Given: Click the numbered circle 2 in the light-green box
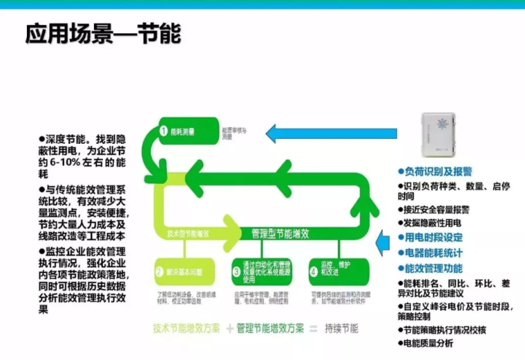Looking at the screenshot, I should (160, 272).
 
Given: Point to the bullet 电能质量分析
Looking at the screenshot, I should (428, 343).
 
